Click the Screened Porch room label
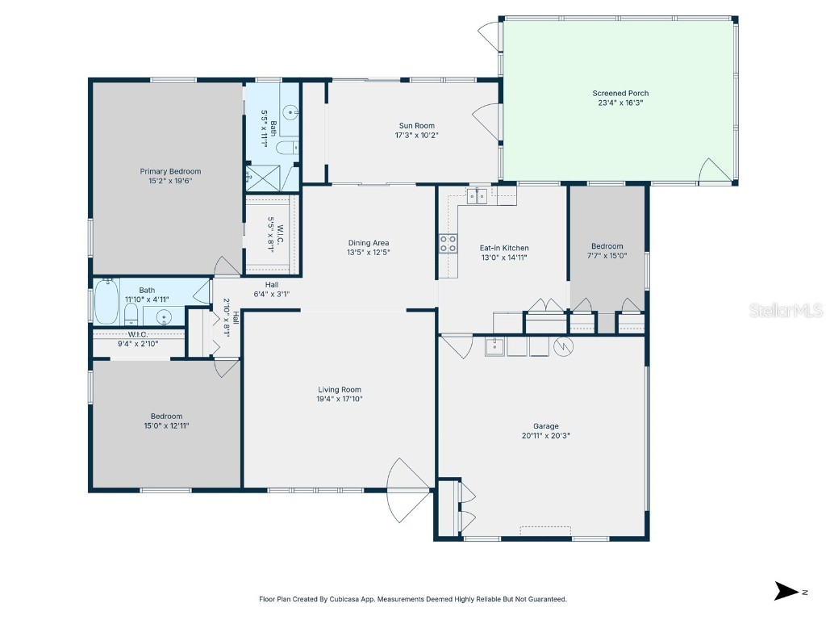click(x=619, y=94)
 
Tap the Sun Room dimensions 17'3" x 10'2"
click(x=416, y=136)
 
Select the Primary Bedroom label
click(x=170, y=171)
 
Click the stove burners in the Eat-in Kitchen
click(x=447, y=243)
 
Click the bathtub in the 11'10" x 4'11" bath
click(x=106, y=301)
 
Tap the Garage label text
click(x=545, y=426)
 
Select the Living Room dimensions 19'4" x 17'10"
click(x=340, y=399)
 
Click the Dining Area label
click(x=369, y=243)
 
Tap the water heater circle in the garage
click(x=563, y=346)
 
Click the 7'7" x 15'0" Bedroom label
click(x=607, y=246)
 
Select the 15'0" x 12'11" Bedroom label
click(x=166, y=417)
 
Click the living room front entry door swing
click(x=410, y=488)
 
